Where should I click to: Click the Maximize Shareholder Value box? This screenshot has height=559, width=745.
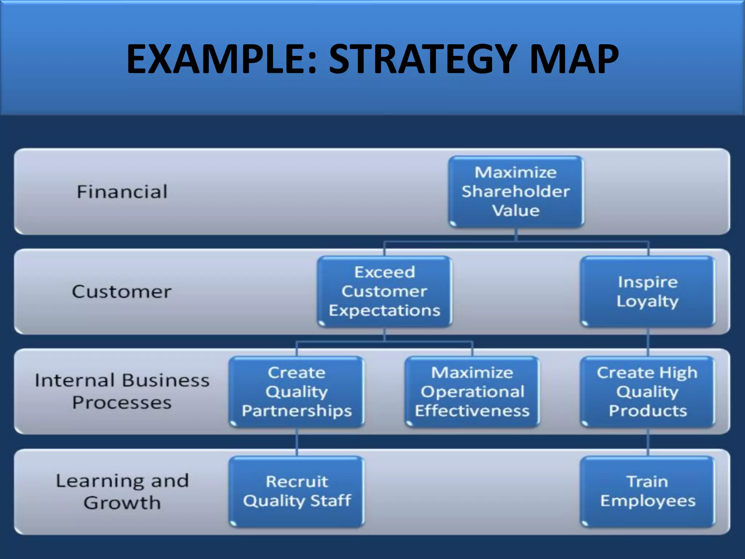click(x=516, y=192)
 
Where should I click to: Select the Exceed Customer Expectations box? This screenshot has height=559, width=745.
click(x=385, y=292)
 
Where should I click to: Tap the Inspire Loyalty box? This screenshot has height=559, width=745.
click(x=648, y=292)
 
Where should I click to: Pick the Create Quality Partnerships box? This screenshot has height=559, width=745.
click(x=296, y=392)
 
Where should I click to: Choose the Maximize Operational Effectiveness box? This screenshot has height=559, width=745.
click(x=472, y=392)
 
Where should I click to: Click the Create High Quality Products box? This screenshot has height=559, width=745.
click(x=648, y=392)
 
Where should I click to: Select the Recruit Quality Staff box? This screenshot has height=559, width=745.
click(x=296, y=491)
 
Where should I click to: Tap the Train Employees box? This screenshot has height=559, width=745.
click(x=648, y=491)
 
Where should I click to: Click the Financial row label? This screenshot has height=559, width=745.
click(x=122, y=192)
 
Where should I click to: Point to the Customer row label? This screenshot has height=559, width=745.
click(x=121, y=292)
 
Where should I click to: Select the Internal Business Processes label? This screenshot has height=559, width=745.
click(x=122, y=391)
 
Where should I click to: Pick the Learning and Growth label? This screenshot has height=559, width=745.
click(x=122, y=491)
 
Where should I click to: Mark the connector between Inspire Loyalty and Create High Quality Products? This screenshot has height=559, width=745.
click(x=648, y=342)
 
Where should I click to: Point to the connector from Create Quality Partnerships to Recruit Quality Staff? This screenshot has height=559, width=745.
click(x=297, y=442)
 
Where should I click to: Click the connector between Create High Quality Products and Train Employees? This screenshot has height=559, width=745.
click(x=648, y=442)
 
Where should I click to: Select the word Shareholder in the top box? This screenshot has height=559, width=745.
click(x=516, y=191)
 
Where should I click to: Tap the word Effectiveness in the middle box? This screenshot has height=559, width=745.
click(x=472, y=411)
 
